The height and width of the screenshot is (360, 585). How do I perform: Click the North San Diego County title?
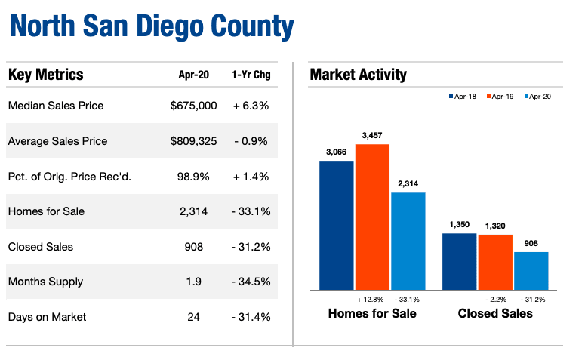point(152,26)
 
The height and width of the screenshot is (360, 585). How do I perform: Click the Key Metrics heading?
point(45,75)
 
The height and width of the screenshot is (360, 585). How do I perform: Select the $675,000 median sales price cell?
point(193,106)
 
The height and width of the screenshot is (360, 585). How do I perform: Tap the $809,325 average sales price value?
point(193,141)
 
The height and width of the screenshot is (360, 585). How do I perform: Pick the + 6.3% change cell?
point(251,106)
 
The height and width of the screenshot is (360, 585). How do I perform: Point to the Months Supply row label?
point(45,282)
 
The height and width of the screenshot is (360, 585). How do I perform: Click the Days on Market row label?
point(47,317)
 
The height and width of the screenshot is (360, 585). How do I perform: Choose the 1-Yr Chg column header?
point(251,75)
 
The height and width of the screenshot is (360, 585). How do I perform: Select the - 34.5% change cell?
point(251,282)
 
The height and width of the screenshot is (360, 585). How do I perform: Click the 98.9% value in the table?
point(193,176)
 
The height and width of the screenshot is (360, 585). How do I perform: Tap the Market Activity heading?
point(358,75)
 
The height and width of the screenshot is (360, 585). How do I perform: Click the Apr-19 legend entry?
point(503,97)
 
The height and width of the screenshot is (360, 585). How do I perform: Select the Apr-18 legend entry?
point(465,97)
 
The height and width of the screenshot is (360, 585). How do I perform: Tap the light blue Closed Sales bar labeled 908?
point(531,270)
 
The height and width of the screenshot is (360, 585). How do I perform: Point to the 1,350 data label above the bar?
point(459,224)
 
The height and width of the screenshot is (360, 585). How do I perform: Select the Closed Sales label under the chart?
point(495,313)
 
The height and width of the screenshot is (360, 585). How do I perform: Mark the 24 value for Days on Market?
point(193,317)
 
